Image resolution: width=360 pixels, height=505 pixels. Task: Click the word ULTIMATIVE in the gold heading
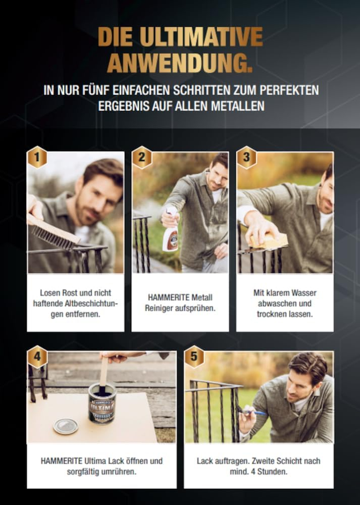(x=201, y=37)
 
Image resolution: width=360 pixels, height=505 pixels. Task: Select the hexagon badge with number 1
(x=37, y=158)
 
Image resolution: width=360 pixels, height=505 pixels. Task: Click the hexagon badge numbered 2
(x=142, y=158)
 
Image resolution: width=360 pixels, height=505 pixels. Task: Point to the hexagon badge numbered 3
(x=247, y=158)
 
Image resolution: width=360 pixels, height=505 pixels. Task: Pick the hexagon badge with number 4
(x=37, y=357)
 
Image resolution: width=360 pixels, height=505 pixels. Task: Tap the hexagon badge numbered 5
(x=194, y=357)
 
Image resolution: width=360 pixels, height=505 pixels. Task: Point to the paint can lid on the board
(x=66, y=426)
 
